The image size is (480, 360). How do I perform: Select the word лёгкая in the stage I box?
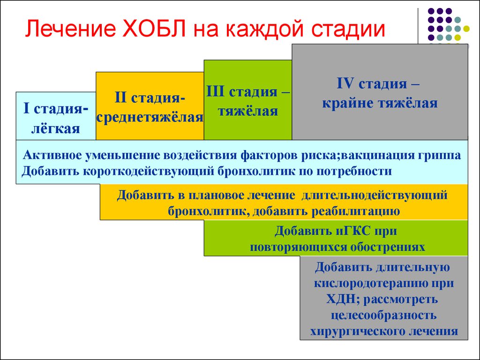(56, 128)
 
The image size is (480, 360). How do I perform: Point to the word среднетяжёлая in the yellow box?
(150, 117)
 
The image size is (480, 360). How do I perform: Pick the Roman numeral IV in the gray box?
(345, 84)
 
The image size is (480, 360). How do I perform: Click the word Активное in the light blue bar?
(52, 155)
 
